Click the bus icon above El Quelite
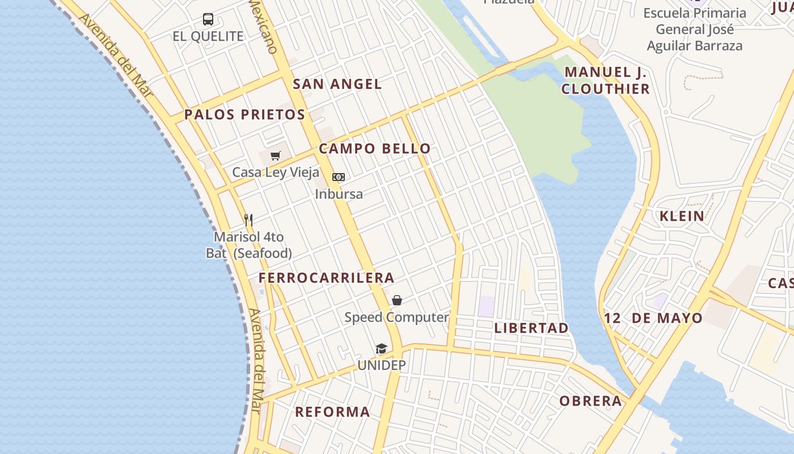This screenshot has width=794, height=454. click(x=208, y=19)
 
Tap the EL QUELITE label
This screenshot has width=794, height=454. click(x=208, y=36)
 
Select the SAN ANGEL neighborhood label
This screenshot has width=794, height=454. click(x=337, y=84)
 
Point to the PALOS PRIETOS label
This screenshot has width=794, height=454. click(x=244, y=115)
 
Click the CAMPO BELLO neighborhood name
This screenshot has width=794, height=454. click(x=374, y=149)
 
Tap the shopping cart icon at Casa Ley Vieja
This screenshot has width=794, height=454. click(x=276, y=155)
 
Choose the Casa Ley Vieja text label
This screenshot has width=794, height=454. click(x=276, y=173)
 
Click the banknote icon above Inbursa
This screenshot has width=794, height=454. click(x=339, y=177)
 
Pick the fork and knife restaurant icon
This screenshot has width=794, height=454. click(x=248, y=220)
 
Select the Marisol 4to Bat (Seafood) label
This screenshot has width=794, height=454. click(x=249, y=245)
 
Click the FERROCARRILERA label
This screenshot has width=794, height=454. click(x=326, y=278)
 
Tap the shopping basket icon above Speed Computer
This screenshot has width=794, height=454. click(x=397, y=300)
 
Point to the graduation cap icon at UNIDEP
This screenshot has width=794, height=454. click(x=381, y=348)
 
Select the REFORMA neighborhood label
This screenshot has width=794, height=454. click(x=332, y=412)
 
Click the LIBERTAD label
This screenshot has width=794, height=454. click(x=531, y=328)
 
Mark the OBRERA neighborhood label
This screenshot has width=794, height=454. click(x=590, y=401)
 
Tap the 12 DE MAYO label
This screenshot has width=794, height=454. click(x=653, y=318)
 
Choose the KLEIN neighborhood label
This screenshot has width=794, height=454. click(x=682, y=216)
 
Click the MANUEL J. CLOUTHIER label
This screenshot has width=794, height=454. click(x=606, y=81)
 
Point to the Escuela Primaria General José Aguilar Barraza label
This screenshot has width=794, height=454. click(x=695, y=30)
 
